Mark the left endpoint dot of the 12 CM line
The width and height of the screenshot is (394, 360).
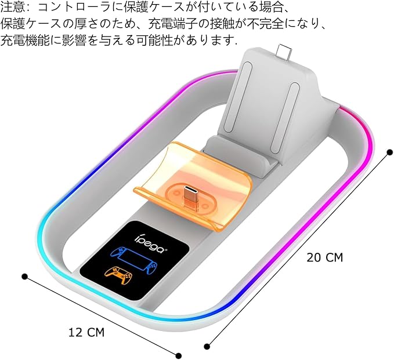point(24,276)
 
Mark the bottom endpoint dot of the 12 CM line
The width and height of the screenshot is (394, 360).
point(179,355)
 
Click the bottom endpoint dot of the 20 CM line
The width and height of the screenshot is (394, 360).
point(207,347)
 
